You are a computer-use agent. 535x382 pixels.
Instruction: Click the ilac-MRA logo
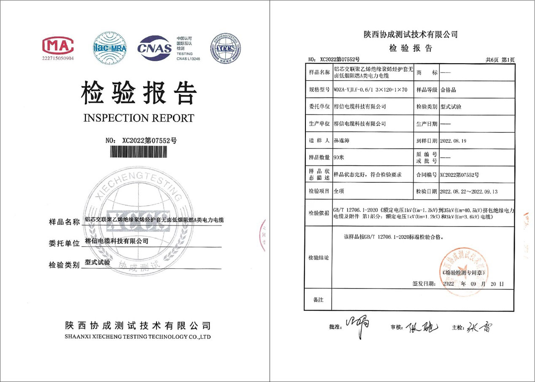click(x=110, y=48)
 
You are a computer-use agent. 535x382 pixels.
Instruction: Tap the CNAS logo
click(x=155, y=48)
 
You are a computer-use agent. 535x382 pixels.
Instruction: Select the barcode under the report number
click(x=141, y=152)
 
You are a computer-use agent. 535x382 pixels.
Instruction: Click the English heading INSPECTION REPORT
click(x=139, y=118)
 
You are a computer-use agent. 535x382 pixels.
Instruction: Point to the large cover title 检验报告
click(x=139, y=92)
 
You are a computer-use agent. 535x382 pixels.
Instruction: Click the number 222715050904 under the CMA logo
click(x=58, y=58)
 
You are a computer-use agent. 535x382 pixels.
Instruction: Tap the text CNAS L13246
click(x=188, y=59)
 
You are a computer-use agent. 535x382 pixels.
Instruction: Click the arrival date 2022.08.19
click(x=454, y=140)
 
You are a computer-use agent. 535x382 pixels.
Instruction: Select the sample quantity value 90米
click(x=338, y=157)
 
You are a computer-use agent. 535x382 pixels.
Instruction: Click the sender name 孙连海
click(x=342, y=140)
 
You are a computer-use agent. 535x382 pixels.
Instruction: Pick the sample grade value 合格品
click(x=448, y=90)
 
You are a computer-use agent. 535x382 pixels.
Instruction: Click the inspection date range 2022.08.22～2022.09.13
click(x=469, y=191)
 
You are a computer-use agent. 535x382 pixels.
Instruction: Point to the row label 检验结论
click(x=318, y=257)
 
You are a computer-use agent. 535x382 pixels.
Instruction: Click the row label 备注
click(x=318, y=300)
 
